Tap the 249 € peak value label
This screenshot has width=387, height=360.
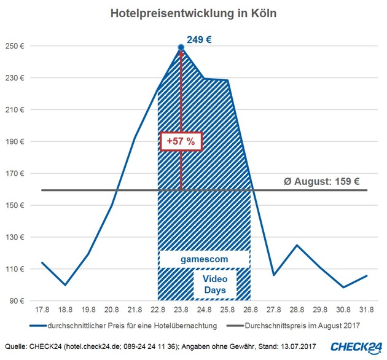click(x=200, y=40)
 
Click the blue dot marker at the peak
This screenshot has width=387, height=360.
click(x=181, y=47)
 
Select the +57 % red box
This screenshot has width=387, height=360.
click(x=181, y=141)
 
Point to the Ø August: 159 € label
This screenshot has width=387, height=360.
click(x=321, y=181)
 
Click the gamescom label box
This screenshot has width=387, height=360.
click(x=204, y=259)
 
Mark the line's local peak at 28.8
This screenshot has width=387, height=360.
click(x=297, y=245)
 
